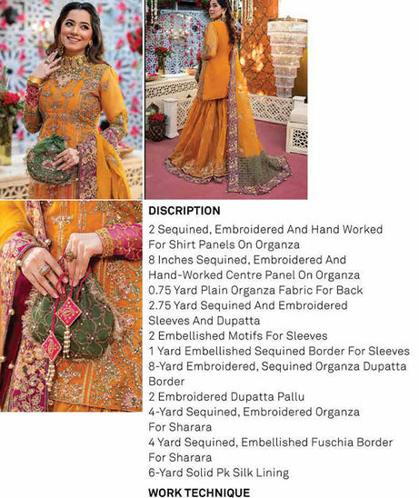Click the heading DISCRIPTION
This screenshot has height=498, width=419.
pyautogui.click(x=185, y=211)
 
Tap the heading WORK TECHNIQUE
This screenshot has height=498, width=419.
pyautogui.click(x=198, y=492)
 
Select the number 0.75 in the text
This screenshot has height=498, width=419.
pyautogui.click(x=162, y=291)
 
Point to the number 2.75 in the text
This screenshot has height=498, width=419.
pyautogui.click(x=162, y=306)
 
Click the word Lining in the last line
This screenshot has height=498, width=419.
pyautogui.click(x=269, y=473)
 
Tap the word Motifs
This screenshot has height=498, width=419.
pyautogui.click(x=253, y=336)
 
